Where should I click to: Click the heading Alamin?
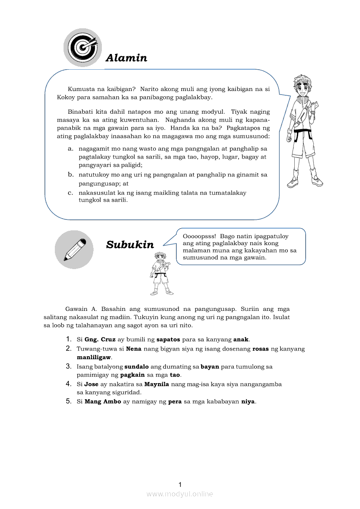(126, 58)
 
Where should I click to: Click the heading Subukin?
(130, 245)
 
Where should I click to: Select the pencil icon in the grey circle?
(74, 250)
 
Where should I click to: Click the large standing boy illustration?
(304, 131)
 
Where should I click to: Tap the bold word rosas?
(261, 349)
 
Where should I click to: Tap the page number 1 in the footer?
(180, 485)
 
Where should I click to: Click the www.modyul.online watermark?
(180, 494)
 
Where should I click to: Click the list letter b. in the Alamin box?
(70, 175)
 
